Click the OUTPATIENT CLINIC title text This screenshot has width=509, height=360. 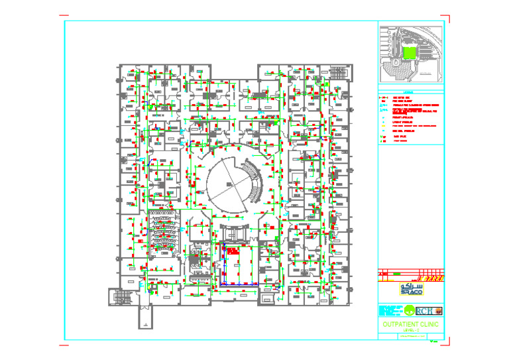410,324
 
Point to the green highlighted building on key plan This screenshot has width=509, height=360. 410,54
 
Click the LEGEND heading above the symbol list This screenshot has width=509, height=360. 410,92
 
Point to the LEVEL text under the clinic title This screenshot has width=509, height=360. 410,330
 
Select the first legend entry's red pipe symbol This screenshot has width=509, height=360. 382,97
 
